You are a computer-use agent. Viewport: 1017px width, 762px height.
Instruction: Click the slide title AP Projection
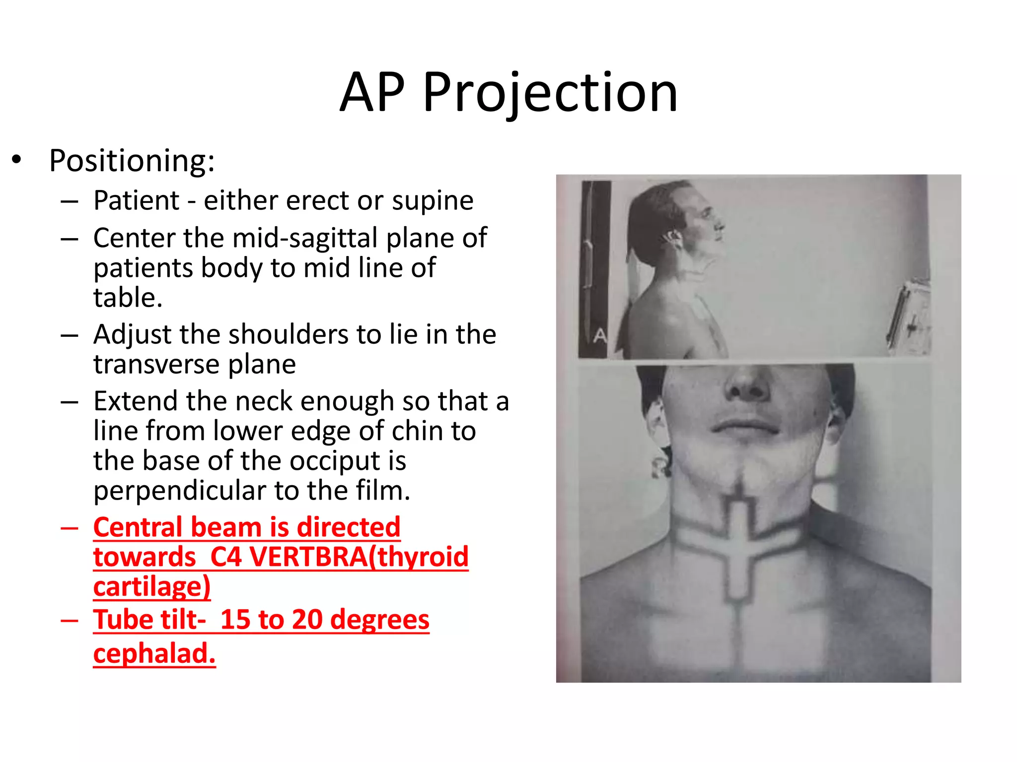click(x=508, y=93)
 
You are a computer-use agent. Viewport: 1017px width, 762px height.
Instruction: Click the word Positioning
click(x=132, y=161)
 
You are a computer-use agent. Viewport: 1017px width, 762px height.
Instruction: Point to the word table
click(x=128, y=298)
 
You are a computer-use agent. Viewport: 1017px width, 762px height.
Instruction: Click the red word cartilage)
click(x=152, y=586)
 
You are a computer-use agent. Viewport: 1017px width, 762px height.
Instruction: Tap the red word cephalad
click(x=154, y=653)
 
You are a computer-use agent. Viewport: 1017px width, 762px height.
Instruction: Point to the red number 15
click(x=235, y=620)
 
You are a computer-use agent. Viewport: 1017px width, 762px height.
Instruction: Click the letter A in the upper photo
click(x=600, y=336)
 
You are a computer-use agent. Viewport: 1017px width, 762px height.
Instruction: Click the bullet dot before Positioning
click(x=17, y=160)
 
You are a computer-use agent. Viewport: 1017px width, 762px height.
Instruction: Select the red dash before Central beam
click(x=70, y=528)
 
